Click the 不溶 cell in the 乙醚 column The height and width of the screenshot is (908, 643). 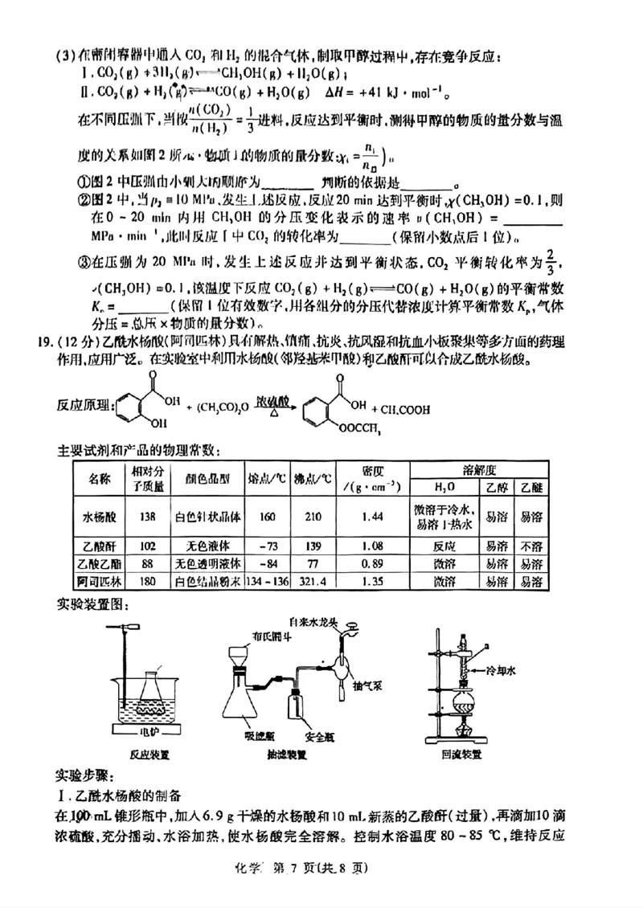coord(528,543)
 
